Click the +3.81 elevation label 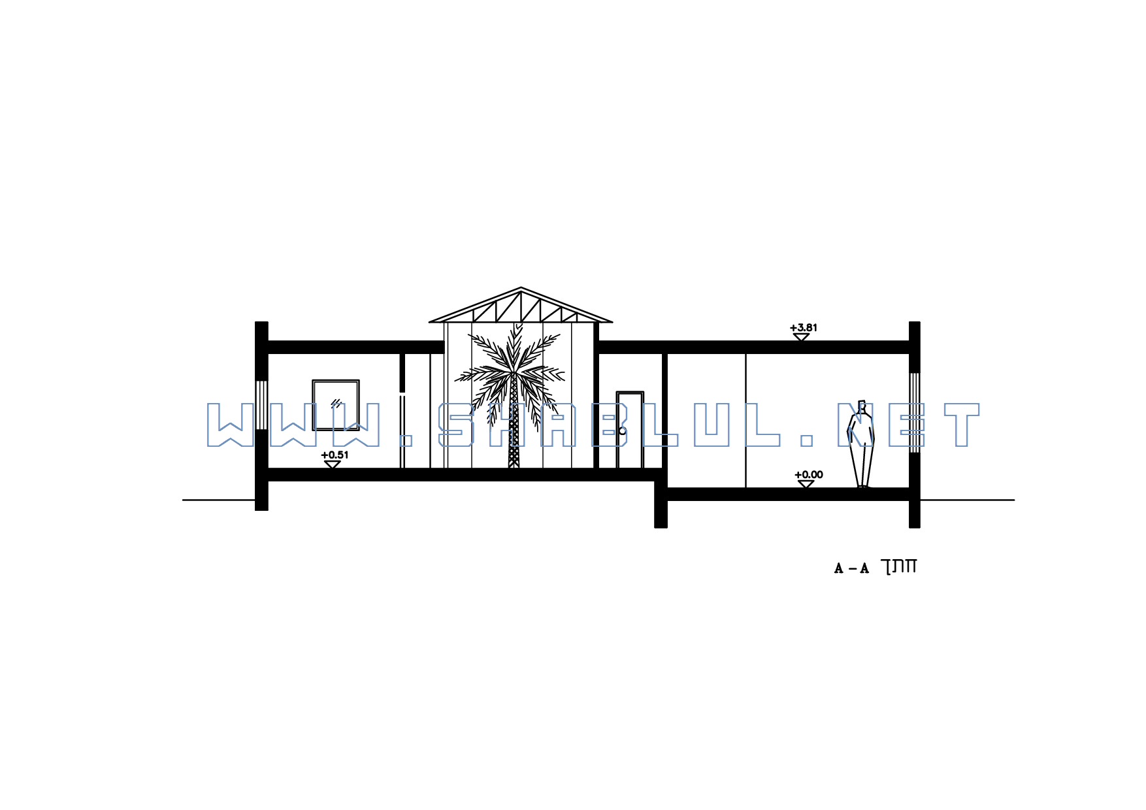804,328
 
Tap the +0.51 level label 335,455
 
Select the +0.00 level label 809,475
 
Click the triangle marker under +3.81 801,337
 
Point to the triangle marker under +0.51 333,464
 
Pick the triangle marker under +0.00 806,484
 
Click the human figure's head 862,406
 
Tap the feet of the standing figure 864,486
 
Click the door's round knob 623,431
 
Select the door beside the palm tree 630,430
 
